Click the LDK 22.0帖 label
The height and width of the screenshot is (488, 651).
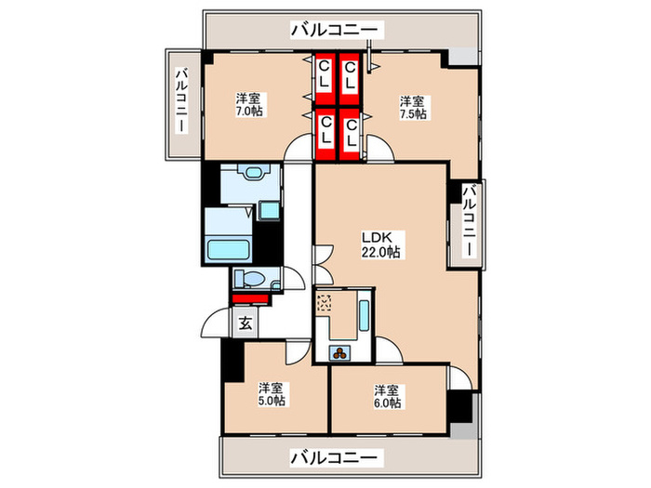380,244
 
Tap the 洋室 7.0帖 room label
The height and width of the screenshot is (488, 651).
248,104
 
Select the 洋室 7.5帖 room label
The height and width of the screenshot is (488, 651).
413,108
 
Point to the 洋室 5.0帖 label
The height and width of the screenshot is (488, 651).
272,394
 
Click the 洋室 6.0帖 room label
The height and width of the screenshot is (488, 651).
388,396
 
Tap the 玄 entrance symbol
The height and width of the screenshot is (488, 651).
246,323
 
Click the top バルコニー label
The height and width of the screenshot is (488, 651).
335,30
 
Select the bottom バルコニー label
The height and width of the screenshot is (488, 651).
335,457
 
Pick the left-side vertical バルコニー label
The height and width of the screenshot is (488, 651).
181,100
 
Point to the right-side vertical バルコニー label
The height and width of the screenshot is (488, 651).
470,221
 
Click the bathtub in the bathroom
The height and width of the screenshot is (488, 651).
229,249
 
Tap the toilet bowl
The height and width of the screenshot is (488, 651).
253,278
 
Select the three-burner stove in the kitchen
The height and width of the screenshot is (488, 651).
340,353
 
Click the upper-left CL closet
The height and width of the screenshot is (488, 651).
325,79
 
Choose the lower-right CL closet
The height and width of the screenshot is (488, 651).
350,134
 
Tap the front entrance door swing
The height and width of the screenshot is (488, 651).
216,323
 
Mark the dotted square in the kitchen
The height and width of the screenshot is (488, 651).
325,302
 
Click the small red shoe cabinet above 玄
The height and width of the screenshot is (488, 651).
250,298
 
